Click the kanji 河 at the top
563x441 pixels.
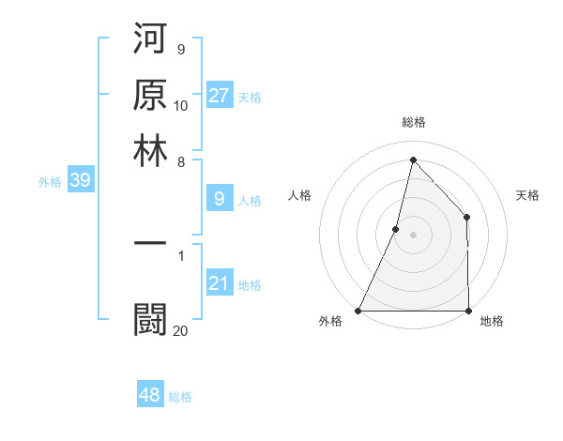tap(150, 41)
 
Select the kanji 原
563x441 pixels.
tap(150, 96)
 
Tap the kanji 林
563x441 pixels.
tap(150, 150)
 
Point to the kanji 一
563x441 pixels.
tap(150, 244)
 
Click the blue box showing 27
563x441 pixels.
tap(219, 96)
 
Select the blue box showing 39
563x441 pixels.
tap(80, 181)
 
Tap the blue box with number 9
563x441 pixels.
tap(219, 199)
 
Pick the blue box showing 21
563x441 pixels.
tap(219, 284)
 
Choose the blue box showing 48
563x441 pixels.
tap(150, 395)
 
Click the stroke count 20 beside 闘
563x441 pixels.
tap(180, 330)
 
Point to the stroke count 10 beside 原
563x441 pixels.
tap(181, 105)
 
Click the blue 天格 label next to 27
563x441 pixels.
tap(250, 97)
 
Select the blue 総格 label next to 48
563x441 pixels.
tap(180, 397)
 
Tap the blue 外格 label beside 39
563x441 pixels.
tap(50, 182)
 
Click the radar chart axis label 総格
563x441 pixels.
tap(413, 122)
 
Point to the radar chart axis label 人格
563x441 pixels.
tap(299, 195)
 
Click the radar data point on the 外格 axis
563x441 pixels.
tap(358, 311)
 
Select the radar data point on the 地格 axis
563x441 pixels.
tap(468, 311)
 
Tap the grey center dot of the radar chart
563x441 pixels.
tap(413, 235)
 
